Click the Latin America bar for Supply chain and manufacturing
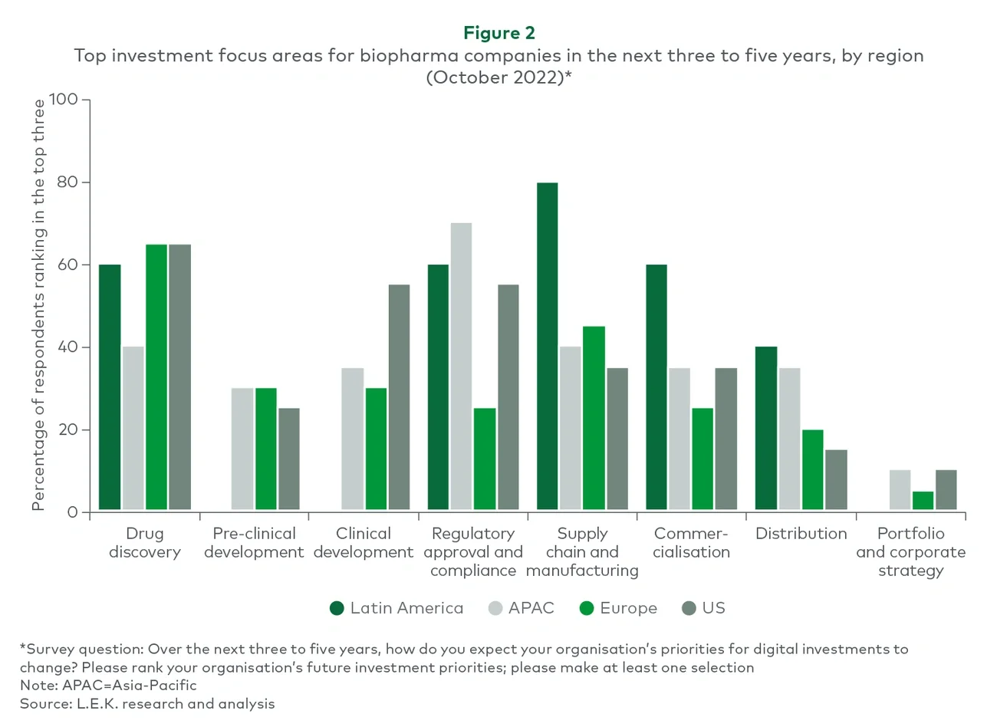click(547, 346)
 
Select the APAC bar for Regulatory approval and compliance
click(461, 366)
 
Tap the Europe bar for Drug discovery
click(156, 377)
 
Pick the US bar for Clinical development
click(399, 397)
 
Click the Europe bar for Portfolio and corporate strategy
click(923, 500)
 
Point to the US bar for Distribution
click(836, 479)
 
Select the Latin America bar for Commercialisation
click(656, 387)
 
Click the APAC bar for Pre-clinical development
click(242, 449)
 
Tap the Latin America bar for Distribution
click(766, 428)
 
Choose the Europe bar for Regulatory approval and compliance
click(485, 459)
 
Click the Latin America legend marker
click(337, 608)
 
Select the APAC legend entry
click(522, 608)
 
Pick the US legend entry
click(703, 608)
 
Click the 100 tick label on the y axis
click(63, 100)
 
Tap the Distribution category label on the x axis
click(801, 534)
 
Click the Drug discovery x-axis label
click(144, 543)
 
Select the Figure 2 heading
click(498, 33)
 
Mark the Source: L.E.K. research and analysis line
click(147, 704)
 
